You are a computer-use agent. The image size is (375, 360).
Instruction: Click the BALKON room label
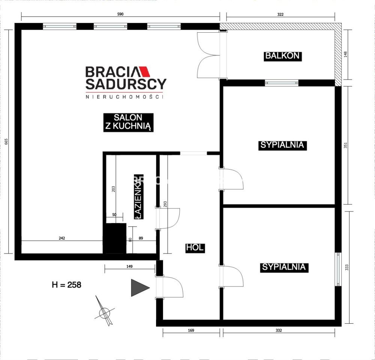tap(282, 56)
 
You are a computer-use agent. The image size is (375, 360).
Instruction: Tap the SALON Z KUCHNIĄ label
tap(128, 122)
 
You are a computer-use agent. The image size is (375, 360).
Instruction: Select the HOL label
tap(195, 247)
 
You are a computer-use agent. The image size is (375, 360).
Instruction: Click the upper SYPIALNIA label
tap(282, 145)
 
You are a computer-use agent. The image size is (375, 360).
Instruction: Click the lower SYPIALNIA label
tap(284, 267)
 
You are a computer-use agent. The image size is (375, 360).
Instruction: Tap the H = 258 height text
tap(66, 285)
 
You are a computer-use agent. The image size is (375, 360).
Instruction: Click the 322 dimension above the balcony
tap(280, 15)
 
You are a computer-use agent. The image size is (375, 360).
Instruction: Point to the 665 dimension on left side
tap(6, 141)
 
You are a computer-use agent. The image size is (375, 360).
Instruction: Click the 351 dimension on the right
tap(346, 145)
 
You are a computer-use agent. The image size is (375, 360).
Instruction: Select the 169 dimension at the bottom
tap(190, 330)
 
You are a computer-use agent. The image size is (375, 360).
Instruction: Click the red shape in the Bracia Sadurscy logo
tap(145, 72)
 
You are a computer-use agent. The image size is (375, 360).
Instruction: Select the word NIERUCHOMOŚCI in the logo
tap(125, 97)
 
